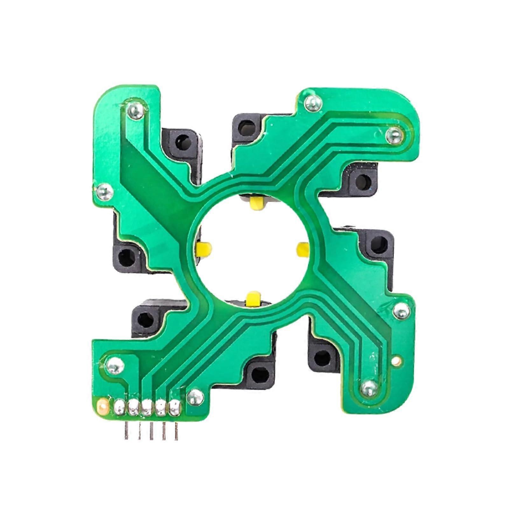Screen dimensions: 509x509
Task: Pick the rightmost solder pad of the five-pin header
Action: coord(175,407)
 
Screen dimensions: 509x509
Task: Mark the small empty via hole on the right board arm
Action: coord(396,360)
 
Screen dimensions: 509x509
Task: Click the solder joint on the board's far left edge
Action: coord(104,191)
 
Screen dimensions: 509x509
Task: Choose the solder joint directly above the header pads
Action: coord(115,365)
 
